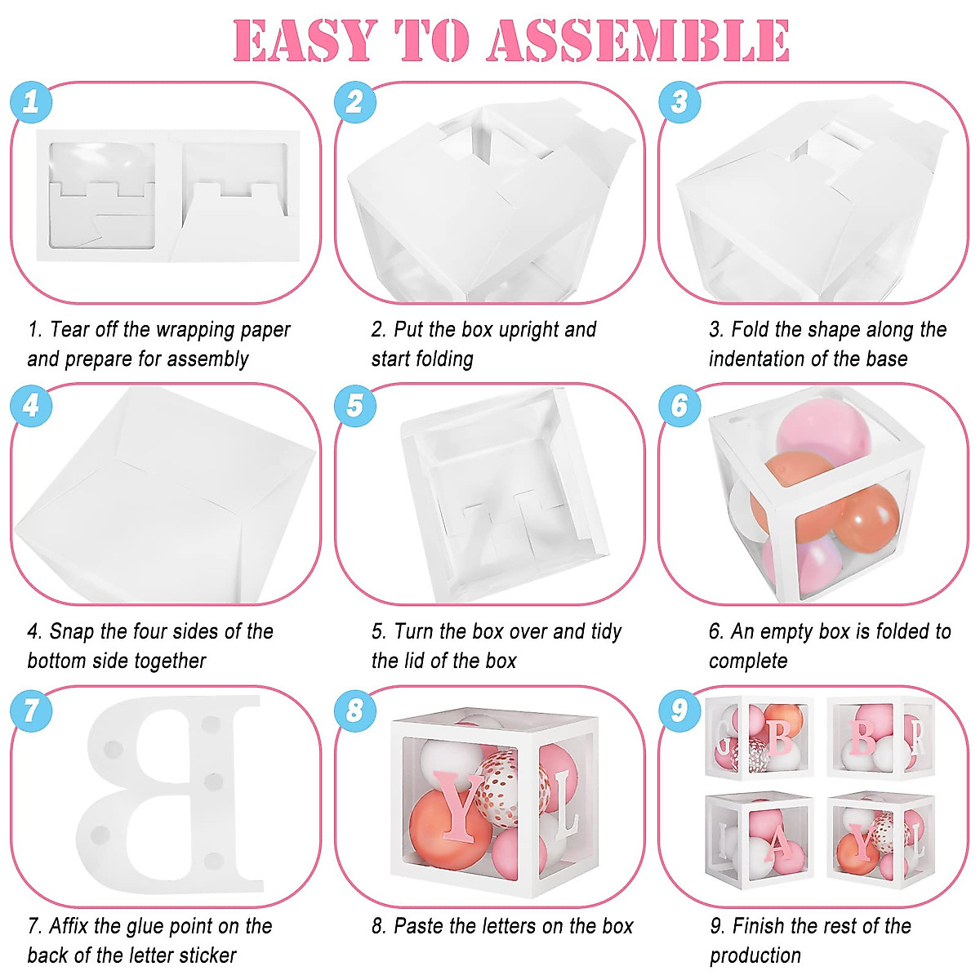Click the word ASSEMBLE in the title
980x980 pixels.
click(639, 41)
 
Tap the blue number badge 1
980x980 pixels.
click(31, 102)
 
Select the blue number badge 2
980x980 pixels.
click(355, 102)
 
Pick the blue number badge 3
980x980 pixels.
click(679, 102)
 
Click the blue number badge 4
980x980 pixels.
click(31, 405)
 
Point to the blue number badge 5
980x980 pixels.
click(355, 405)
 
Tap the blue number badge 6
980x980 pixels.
click(679, 405)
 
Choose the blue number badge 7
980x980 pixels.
click(31, 709)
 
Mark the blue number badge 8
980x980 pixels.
click(355, 709)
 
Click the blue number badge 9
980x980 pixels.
click(679, 709)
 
